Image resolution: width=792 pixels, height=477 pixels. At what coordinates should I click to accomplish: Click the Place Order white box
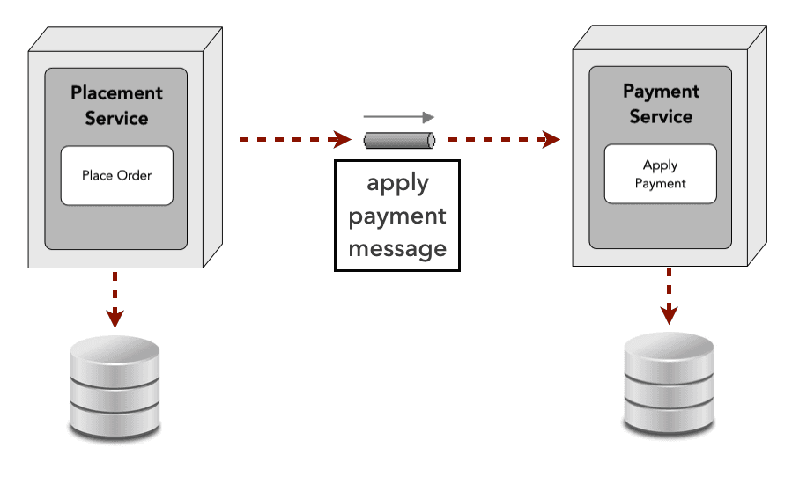[x=116, y=176]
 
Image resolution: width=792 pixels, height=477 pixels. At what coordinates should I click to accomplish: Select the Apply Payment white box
[x=660, y=174]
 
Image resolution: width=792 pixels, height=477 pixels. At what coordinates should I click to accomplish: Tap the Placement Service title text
[x=116, y=105]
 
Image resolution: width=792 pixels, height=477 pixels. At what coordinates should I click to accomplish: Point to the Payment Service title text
[x=661, y=104]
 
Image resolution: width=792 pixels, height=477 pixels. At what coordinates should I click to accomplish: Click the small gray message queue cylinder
[x=399, y=140]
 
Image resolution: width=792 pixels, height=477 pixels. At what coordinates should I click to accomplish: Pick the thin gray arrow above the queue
[x=399, y=117]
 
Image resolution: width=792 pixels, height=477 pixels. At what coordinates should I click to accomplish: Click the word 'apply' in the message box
[x=397, y=184]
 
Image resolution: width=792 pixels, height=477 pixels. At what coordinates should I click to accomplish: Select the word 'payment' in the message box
[x=397, y=216]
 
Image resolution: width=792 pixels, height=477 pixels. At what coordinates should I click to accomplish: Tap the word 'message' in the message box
[x=397, y=248]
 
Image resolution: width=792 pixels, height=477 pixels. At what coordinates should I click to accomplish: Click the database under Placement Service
[x=115, y=386]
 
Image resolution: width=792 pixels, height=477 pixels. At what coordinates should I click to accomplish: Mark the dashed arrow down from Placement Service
[x=115, y=299]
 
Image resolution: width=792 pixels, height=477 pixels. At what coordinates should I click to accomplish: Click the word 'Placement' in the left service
[x=116, y=92]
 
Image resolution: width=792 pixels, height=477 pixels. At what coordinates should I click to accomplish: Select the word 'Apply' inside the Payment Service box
[x=660, y=165]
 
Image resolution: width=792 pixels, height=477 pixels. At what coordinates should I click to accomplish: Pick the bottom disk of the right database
[x=669, y=414]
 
